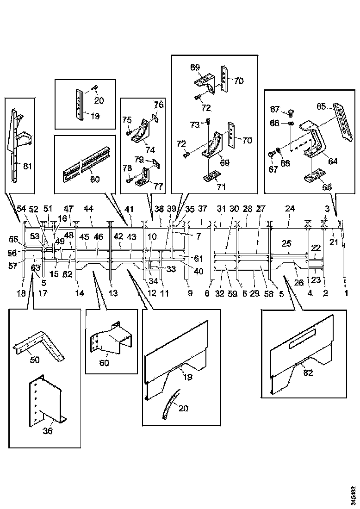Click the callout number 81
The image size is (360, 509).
pyautogui.click(x=27, y=167)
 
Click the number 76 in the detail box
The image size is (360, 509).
pyautogui.click(x=159, y=105)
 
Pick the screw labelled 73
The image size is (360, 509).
pyautogui.click(x=208, y=122)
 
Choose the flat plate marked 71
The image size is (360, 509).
pyautogui.click(x=213, y=176)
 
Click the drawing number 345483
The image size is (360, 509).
pyautogui.click(x=353, y=495)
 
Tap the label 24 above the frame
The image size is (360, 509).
pyautogui.click(x=290, y=209)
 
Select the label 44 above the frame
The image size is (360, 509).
pyautogui.click(x=89, y=209)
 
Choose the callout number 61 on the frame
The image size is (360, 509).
pyautogui.click(x=199, y=258)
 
